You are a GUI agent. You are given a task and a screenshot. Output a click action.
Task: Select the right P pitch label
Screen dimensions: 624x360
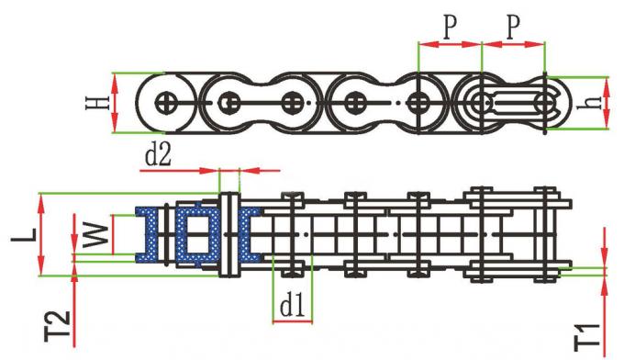[x=514, y=27]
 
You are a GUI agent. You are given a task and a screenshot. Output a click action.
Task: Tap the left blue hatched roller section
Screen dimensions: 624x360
[x=147, y=233]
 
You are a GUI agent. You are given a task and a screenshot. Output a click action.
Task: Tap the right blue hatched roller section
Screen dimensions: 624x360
[x=250, y=233]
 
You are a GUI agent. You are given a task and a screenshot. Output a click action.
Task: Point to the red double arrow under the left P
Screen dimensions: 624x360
[x=449, y=43]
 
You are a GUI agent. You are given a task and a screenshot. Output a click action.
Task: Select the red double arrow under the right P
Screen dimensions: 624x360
[x=514, y=43]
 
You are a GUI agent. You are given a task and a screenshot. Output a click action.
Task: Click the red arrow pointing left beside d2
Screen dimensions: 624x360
[x=261, y=170]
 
